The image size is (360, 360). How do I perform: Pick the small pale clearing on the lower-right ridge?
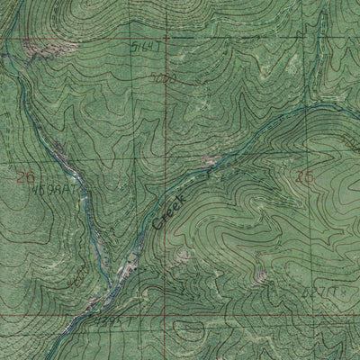click(261, 274)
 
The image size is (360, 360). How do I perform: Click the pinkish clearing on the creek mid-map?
click(210, 161)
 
